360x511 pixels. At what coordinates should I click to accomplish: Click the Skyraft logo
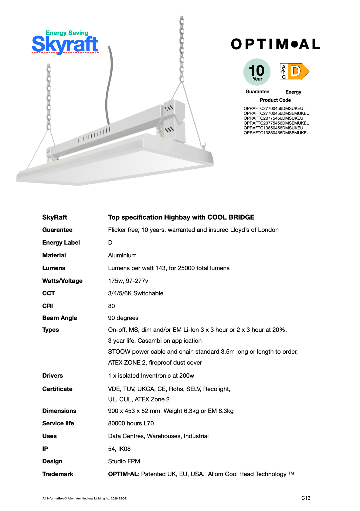[x=65, y=44]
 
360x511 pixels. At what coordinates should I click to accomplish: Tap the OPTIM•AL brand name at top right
[x=275, y=44]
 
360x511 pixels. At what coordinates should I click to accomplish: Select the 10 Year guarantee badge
[x=257, y=72]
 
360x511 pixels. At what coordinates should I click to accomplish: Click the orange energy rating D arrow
[x=298, y=72]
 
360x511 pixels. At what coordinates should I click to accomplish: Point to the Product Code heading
[x=275, y=100]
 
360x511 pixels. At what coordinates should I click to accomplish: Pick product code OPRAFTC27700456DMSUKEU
[x=273, y=108]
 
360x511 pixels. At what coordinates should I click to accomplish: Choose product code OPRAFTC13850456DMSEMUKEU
[x=276, y=133]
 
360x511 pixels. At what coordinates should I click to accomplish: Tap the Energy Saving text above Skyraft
[x=67, y=33]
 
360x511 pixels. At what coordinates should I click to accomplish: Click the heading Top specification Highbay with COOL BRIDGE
[x=181, y=217]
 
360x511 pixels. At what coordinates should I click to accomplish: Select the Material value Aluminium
[x=122, y=255]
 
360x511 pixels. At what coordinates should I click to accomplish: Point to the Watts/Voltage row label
[x=62, y=281]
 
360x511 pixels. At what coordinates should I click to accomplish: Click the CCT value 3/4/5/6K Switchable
[x=135, y=293]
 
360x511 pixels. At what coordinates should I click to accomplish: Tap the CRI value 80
[x=111, y=306]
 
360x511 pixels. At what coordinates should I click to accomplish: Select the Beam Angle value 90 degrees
[x=123, y=318]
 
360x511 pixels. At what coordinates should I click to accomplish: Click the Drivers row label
[x=53, y=376]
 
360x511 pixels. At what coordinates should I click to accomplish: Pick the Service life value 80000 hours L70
[x=131, y=423]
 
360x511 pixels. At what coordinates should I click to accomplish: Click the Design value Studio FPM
[x=124, y=461]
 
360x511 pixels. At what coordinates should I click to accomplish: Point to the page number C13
[x=306, y=498]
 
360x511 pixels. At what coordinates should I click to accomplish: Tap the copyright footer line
[x=84, y=498]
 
